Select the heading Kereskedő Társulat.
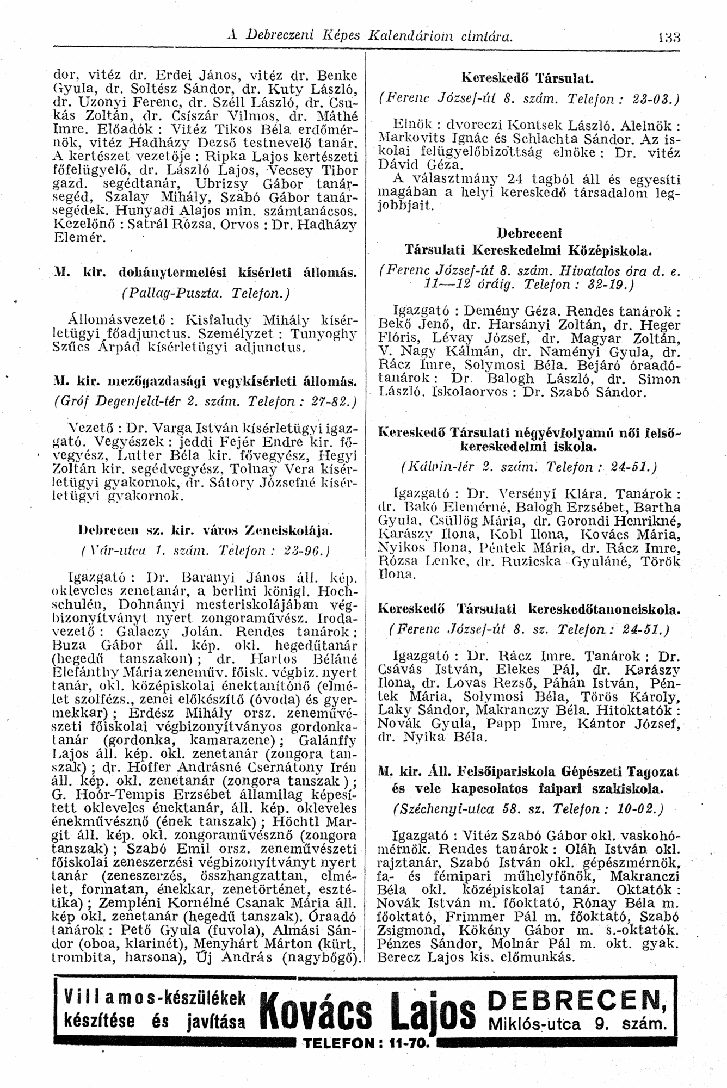coord(525,78)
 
